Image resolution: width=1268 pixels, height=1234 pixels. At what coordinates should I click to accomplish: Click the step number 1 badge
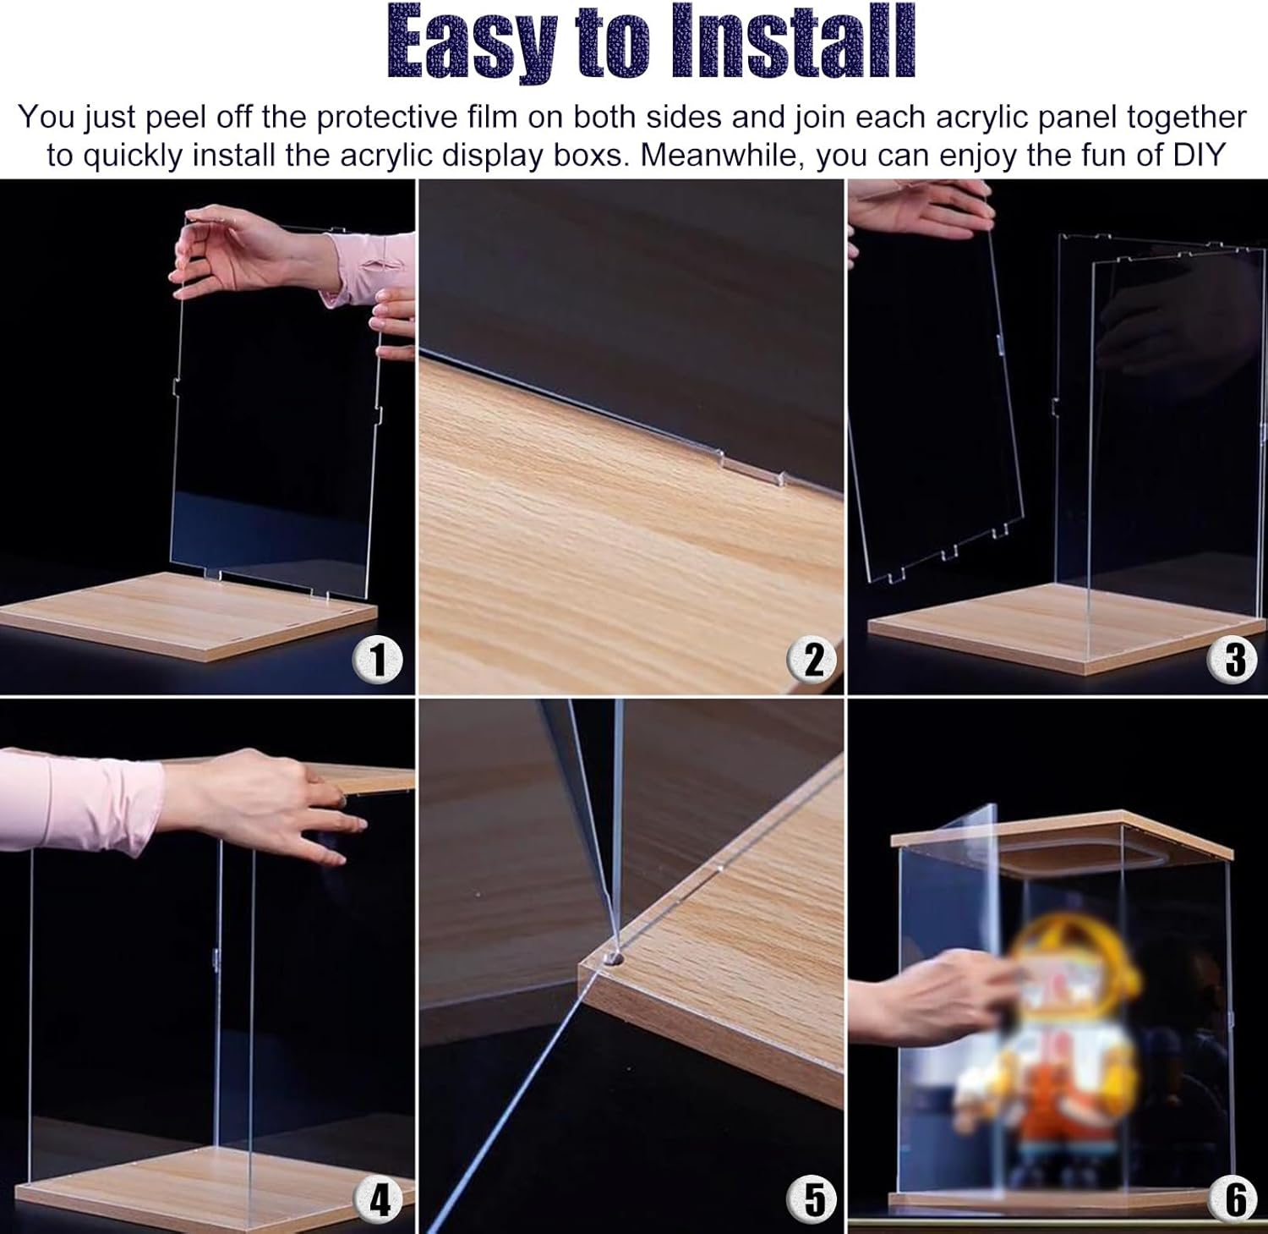click(379, 659)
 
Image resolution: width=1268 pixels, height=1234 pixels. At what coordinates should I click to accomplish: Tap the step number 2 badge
click(812, 659)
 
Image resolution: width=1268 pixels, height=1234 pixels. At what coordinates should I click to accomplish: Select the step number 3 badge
click(1235, 659)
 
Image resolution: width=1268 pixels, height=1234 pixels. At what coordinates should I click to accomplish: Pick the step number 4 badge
click(380, 1198)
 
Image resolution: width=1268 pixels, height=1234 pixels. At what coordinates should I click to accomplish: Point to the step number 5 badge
click(812, 1198)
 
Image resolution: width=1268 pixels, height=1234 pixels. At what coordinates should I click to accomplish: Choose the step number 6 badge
click(1235, 1198)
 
